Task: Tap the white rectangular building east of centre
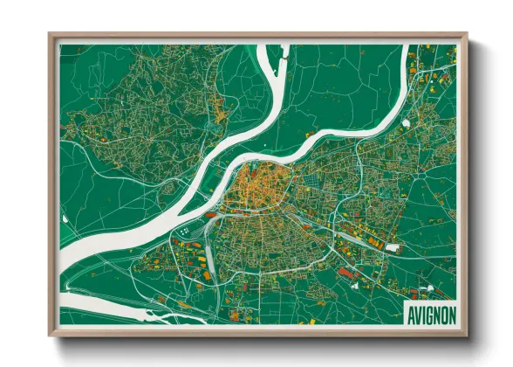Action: point(392,248)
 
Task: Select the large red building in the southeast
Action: point(346,274)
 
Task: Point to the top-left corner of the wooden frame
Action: point(50,35)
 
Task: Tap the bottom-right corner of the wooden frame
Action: point(466,335)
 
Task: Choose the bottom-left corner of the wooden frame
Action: point(50,335)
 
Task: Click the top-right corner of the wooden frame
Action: point(466,35)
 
